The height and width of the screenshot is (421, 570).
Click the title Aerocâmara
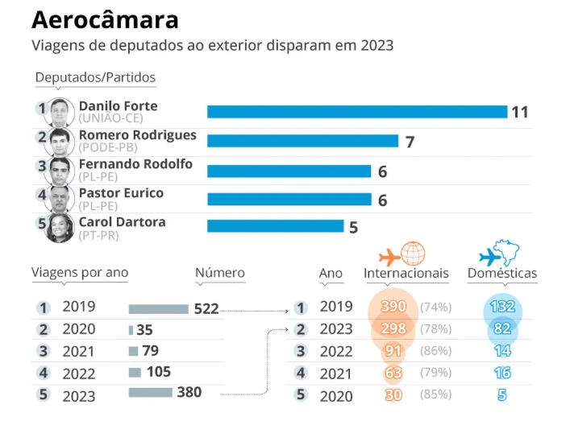[105, 19]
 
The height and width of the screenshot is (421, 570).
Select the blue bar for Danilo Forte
[356, 111]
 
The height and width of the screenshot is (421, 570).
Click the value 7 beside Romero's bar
[410, 142]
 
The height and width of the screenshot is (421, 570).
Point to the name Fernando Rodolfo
[135, 163]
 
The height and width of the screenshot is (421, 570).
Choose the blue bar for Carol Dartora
[275, 226]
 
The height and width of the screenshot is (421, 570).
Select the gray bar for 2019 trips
[158, 308]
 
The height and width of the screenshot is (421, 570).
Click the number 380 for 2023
[189, 392]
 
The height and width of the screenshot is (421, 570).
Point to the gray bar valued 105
[135, 372]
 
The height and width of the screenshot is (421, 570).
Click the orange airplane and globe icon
[401, 254]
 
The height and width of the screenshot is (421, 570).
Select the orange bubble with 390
[393, 307]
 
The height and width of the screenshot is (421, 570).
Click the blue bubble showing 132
[503, 307]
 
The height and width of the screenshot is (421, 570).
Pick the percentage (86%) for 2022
[435, 351]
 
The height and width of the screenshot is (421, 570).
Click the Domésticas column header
[502, 274]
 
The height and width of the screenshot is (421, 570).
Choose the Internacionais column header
[406, 274]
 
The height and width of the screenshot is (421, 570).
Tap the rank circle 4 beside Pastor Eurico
[42, 196]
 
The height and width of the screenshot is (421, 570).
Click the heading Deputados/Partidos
[95, 77]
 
